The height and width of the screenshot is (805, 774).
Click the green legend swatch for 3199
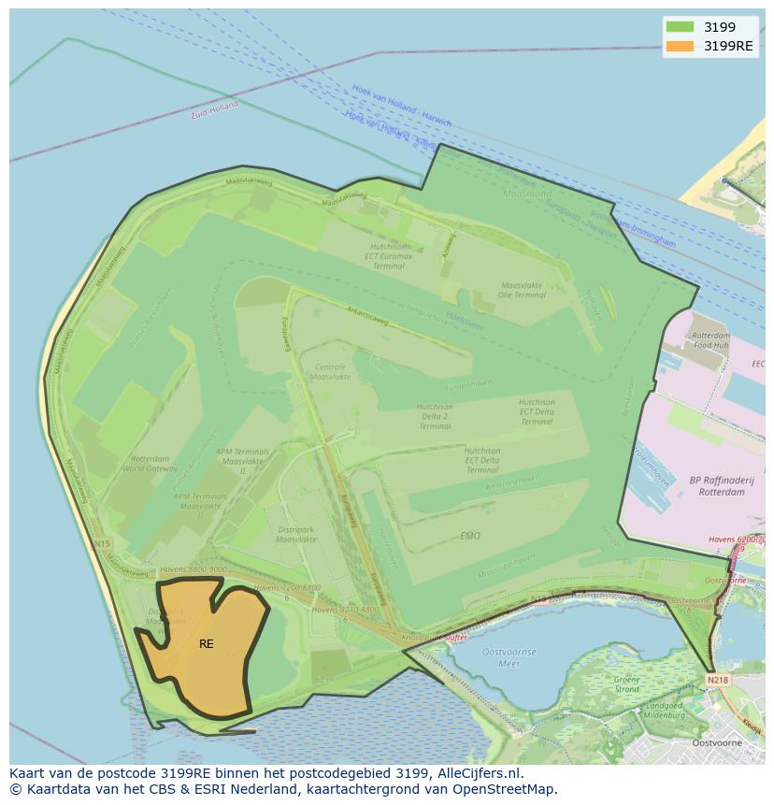point(680,27)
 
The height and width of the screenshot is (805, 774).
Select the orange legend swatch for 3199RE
point(680,46)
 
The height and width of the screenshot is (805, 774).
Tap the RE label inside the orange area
point(206,644)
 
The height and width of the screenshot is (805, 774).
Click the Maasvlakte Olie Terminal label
point(523,290)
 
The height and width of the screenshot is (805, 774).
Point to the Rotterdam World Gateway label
point(150,465)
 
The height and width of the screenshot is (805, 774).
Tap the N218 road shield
point(718,681)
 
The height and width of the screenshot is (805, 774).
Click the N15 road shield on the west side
point(101,543)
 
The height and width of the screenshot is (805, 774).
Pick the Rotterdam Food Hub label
point(711,340)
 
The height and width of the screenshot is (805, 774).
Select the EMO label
point(470,536)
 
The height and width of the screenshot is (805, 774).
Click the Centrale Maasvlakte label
point(331,372)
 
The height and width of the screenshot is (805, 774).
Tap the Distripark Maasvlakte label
point(297,535)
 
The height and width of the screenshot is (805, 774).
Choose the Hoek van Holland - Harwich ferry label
point(401,106)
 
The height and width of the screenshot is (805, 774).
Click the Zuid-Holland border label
point(214,110)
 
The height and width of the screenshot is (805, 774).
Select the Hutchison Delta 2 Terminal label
point(435,416)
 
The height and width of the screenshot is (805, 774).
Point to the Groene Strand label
point(627,684)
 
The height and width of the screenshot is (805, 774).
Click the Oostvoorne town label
point(717,743)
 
